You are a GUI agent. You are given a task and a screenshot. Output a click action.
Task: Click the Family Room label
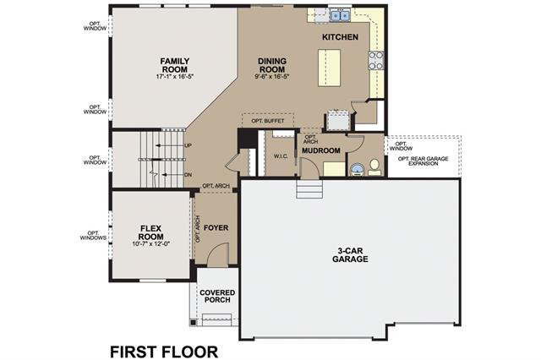(175, 65)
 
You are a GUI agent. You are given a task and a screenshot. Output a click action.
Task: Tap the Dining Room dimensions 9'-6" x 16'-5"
(272, 77)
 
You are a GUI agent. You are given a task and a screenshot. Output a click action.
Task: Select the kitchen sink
(340, 15)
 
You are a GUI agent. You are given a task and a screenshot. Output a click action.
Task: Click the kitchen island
(329, 68)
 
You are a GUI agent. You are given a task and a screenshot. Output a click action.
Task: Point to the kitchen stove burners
(376, 60)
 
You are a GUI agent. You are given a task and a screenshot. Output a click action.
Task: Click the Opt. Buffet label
(268, 121)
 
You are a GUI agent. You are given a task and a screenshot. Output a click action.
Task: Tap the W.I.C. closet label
(281, 156)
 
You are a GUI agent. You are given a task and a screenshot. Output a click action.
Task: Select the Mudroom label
(321, 150)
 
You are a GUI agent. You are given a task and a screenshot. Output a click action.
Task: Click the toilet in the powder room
(374, 166)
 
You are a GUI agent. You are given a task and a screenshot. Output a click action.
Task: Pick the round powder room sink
(357, 170)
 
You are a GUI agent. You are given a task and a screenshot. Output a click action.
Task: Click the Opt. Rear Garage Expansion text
(423, 161)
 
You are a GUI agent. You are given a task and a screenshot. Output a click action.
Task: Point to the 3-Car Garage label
(350, 255)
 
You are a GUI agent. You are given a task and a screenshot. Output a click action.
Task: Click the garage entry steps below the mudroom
(309, 189)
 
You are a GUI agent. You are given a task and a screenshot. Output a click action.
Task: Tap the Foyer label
(216, 228)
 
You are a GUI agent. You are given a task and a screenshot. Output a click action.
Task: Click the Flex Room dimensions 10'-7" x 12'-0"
(151, 243)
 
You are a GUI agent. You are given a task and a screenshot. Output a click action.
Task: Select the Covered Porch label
(217, 297)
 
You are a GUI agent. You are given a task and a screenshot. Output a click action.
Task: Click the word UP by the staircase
(188, 145)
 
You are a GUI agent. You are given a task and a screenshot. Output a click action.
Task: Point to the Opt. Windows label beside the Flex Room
(93, 236)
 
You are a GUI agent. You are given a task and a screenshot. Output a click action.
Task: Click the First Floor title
(164, 352)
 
